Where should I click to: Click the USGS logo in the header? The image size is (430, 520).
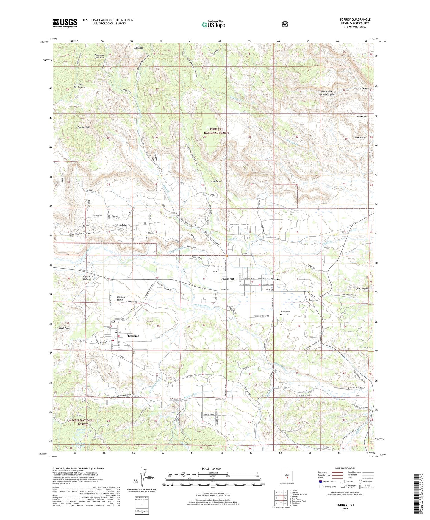(x=65, y=23)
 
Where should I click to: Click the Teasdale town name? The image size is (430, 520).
(x=133, y=336)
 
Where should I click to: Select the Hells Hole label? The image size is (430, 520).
(x=138, y=48)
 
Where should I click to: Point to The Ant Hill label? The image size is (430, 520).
(x=83, y=127)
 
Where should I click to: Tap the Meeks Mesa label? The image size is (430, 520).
(x=362, y=116)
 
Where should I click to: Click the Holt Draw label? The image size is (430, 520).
(x=216, y=181)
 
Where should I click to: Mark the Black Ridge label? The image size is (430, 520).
(x=65, y=328)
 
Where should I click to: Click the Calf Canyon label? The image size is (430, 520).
(x=362, y=289)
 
